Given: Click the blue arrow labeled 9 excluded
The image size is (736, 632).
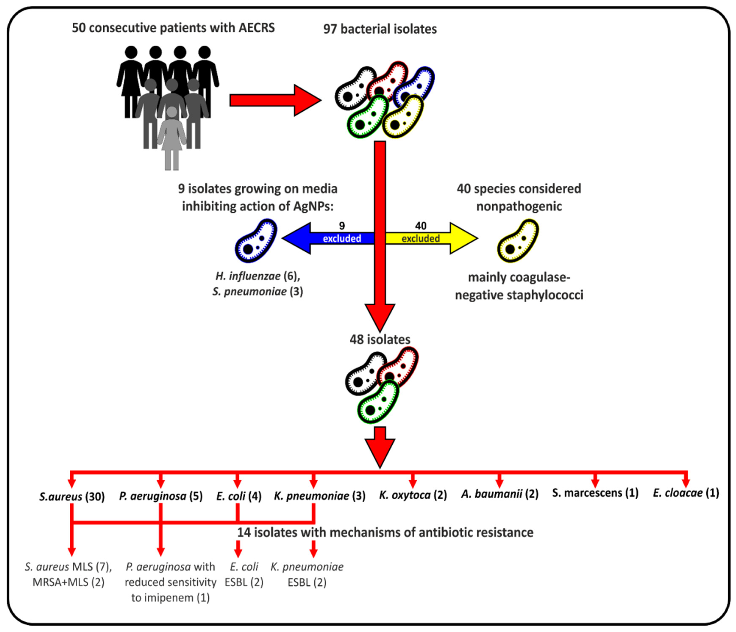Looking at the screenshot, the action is pyautogui.click(x=329, y=238).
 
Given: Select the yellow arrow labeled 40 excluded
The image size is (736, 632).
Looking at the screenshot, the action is pyautogui.click(x=432, y=238).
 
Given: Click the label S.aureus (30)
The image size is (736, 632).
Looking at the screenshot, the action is pyautogui.click(x=72, y=496).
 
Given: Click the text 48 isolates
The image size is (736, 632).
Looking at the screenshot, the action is pyautogui.click(x=380, y=339).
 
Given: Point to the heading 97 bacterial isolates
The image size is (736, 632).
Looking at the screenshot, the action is pyautogui.click(x=380, y=29).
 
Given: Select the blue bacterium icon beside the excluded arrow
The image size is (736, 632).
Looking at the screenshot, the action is pyautogui.click(x=256, y=241).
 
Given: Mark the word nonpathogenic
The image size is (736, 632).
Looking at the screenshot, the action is pyautogui.click(x=519, y=206).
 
